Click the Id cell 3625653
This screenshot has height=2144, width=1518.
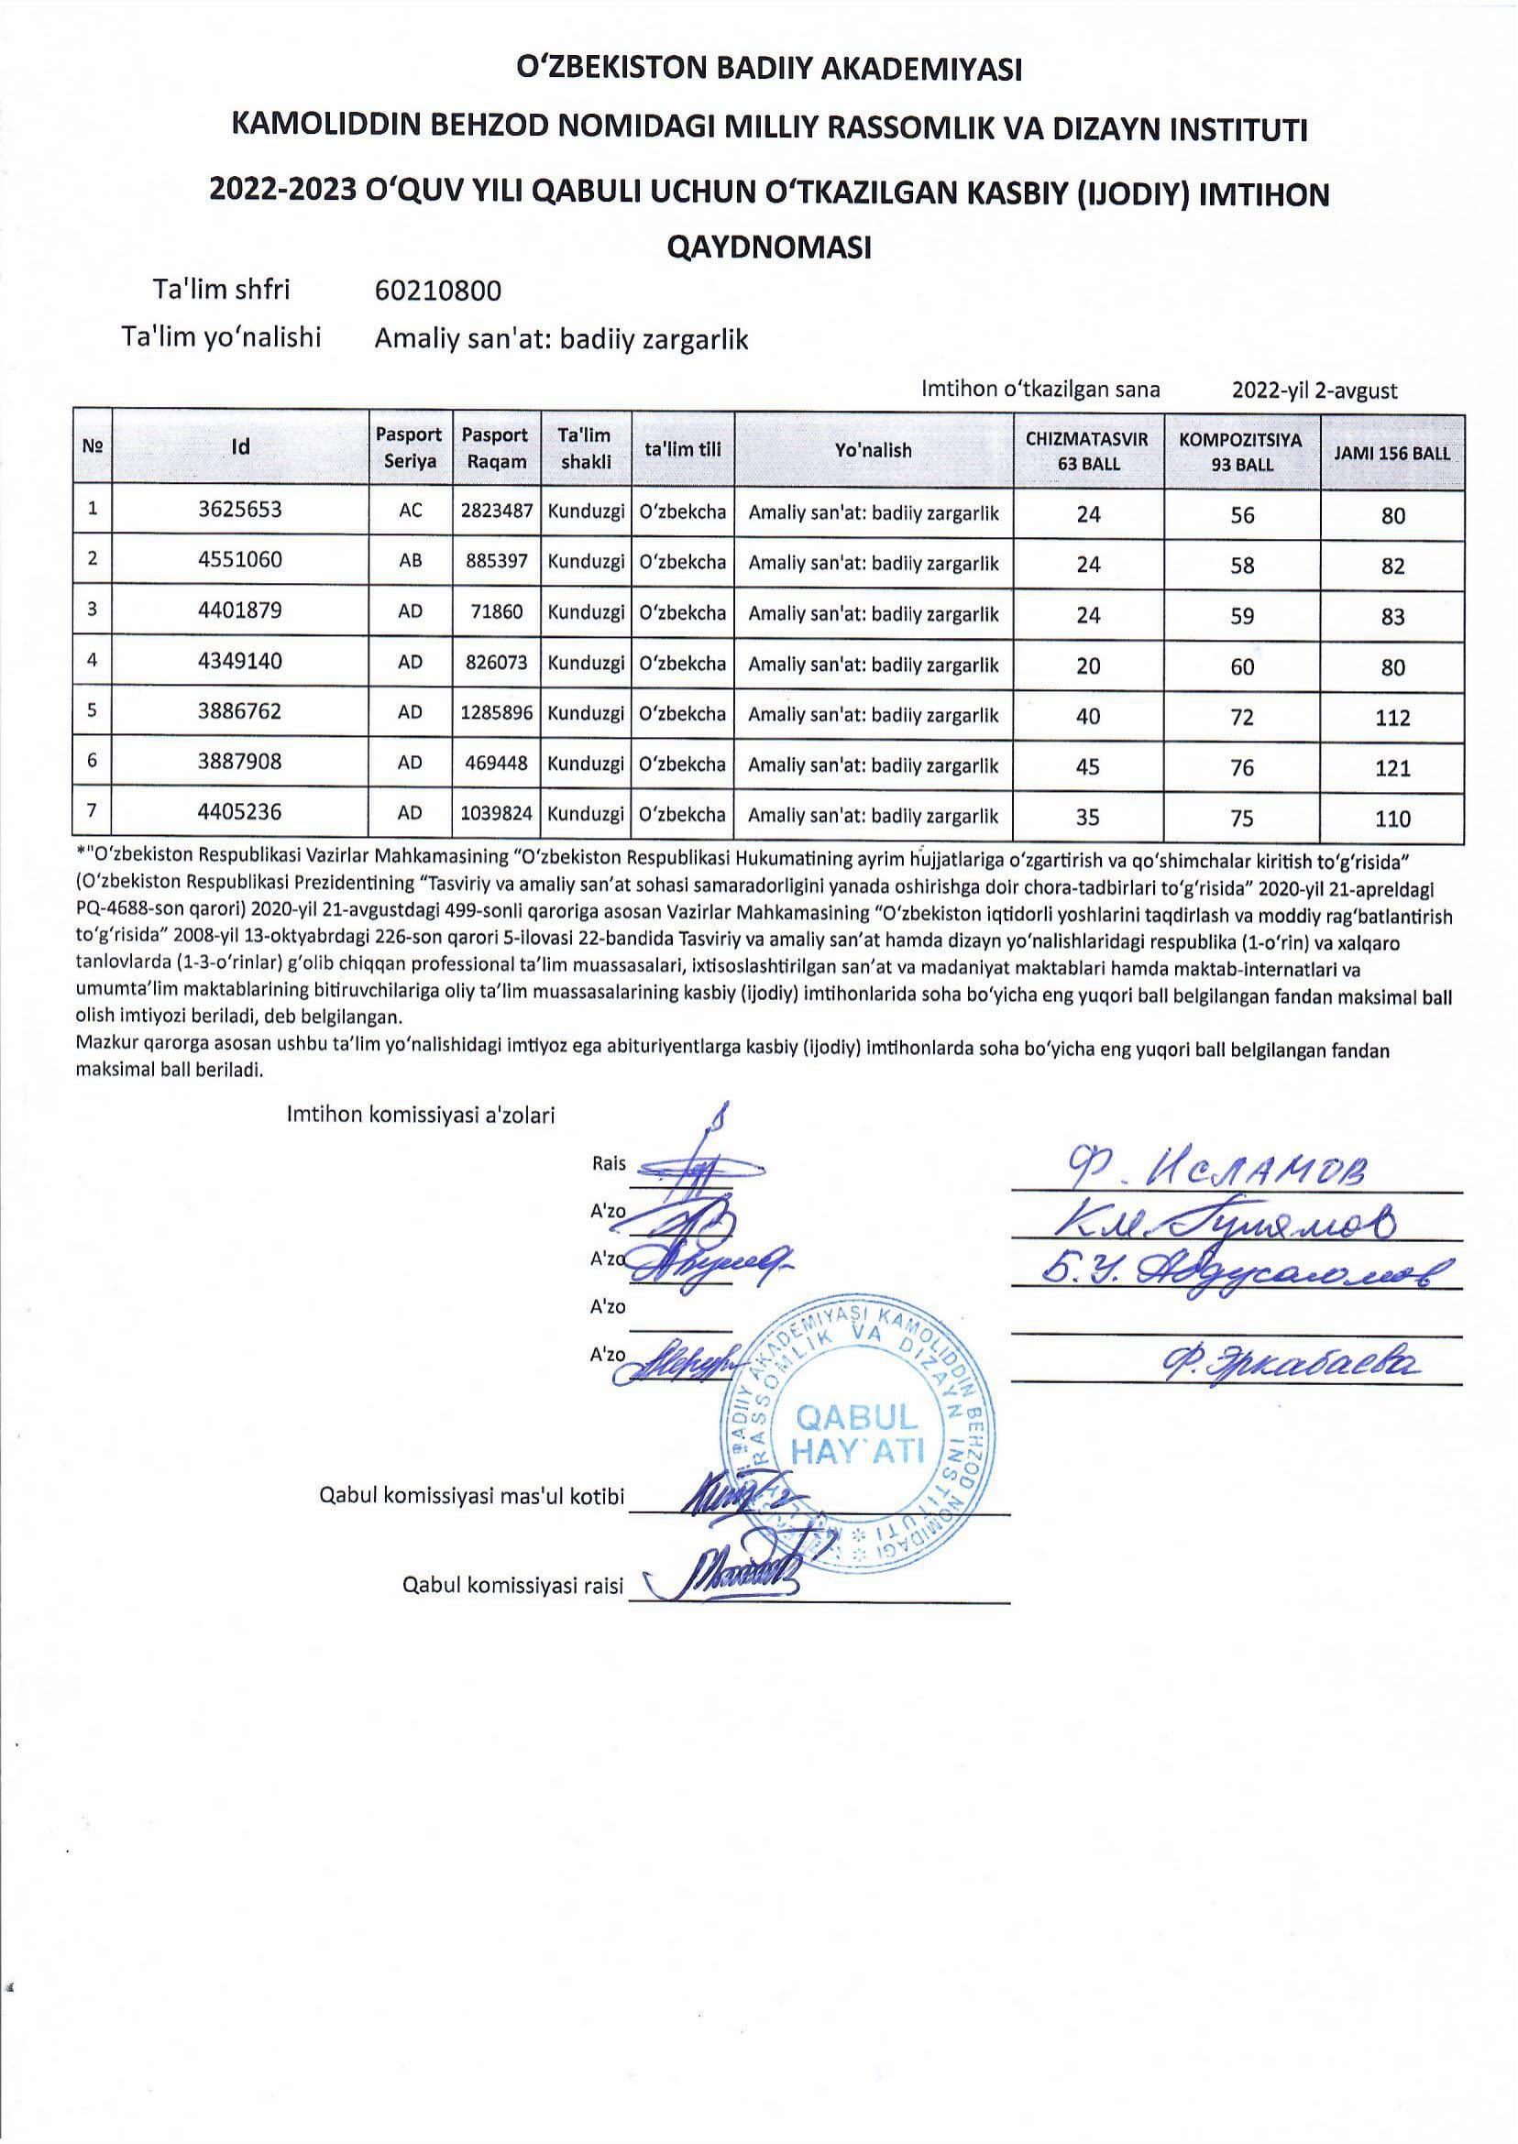pyautogui.click(x=239, y=511)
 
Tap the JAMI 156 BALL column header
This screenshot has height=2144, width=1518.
pyautogui.click(x=1391, y=455)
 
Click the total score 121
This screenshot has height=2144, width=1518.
pyautogui.click(x=1391, y=768)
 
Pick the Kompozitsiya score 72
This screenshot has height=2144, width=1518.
pyautogui.click(x=1241, y=717)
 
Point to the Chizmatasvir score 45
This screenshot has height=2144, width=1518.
pyautogui.click(x=1088, y=766)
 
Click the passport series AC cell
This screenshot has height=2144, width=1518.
pyautogui.click(x=410, y=511)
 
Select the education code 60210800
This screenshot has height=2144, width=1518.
pyautogui.click(x=437, y=291)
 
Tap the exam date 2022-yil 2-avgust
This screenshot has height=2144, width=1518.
pyautogui.click(x=1314, y=390)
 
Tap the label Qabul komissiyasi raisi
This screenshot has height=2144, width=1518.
pyautogui.click(x=512, y=1585)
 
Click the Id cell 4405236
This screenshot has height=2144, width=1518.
pyautogui.click(x=239, y=812)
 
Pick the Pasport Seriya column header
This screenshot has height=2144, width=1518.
pyautogui.click(x=410, y=447)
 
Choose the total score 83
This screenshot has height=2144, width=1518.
pyautogui.click(x=1391, y=617)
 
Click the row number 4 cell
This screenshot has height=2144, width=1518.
pyautogui.click(x=92, y=661)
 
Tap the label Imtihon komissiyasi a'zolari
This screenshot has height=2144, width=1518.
pyautogui.click(x=421, y=1115)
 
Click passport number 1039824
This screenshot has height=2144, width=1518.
pyautogui.click(x=496, y=814)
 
